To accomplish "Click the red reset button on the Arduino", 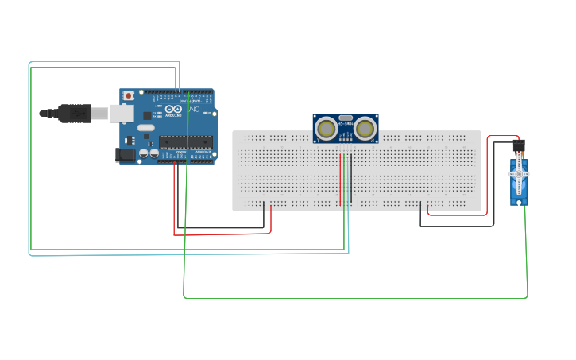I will point(129,95).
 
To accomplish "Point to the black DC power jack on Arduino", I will point(126,154).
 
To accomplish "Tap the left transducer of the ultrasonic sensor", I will point(326,127).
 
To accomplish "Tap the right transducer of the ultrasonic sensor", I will point(365,127).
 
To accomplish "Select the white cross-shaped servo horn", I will point(518,173).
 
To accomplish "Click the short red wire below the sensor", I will point(340,179).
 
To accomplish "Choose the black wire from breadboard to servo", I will point(457,226).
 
